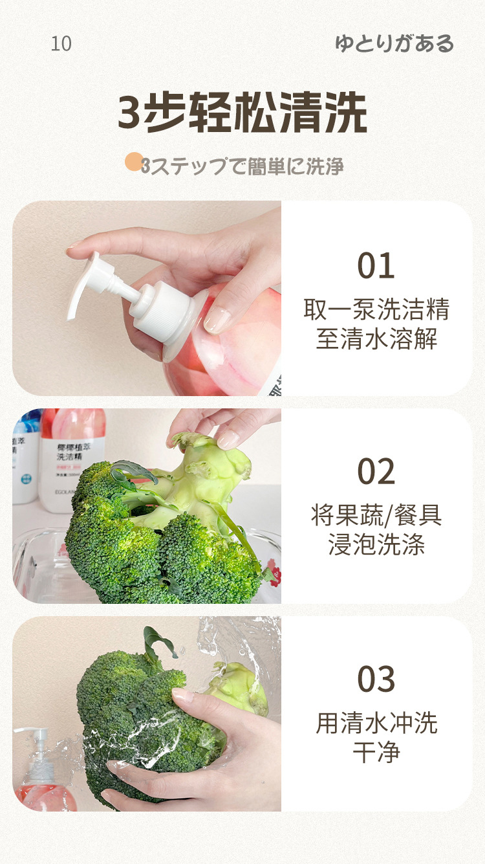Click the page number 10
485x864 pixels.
pos(61,44)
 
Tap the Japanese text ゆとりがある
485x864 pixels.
pos(394,44)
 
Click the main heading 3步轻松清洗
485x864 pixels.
pos(242,113)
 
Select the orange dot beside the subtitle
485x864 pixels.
pos(133,162)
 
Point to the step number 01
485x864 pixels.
pos(376,266)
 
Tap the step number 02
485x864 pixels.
pos(376,472)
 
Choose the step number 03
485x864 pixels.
pos(376,679)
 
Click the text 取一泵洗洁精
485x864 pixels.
pos(376,309)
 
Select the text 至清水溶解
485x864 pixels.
pos(376,338)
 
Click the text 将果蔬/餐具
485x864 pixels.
pos(376,516)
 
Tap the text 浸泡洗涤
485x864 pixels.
pos(376,545)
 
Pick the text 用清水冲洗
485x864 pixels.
pos(376,723)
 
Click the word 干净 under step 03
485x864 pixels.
pos(376,752)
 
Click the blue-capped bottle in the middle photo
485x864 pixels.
pos(25,453)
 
